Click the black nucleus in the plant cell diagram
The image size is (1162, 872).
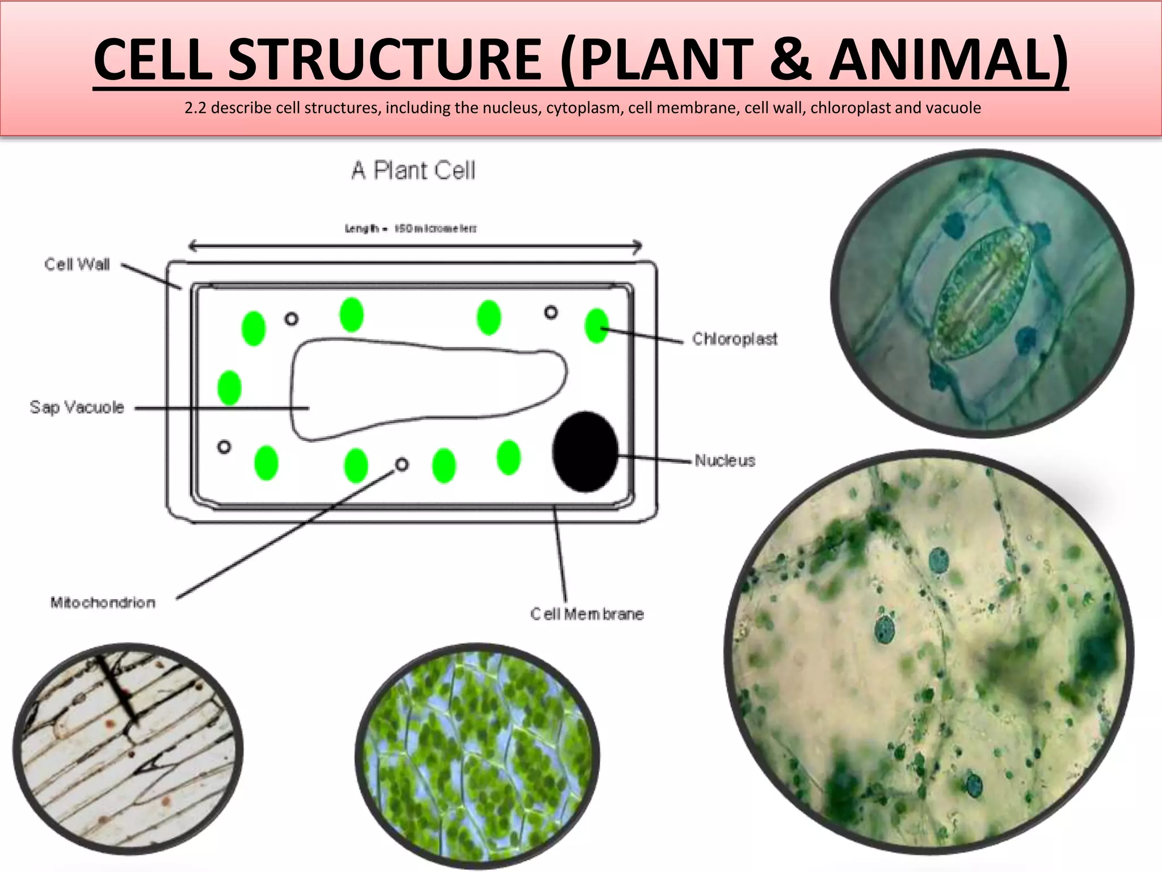coord(586,451)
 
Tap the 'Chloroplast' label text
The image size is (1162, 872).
coord(734,339)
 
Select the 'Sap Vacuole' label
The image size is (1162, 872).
coord(77,407)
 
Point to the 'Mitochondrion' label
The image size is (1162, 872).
coord(103,602)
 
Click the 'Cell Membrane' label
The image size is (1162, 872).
coord(587,614)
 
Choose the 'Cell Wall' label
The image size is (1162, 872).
coord(77,265)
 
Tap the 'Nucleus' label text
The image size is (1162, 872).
coord(725,460)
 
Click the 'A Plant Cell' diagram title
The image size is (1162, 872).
coord(413,170)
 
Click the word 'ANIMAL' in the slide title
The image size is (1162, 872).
coord(942,60)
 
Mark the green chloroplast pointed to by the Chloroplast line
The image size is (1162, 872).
coord(596,326)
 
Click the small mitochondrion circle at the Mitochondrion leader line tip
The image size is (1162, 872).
coord(402,465)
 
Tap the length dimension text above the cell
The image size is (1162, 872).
coord(411,229)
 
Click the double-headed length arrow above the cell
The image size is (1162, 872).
coord(414,246)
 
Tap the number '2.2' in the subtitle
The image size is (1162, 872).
coord(195,108)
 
